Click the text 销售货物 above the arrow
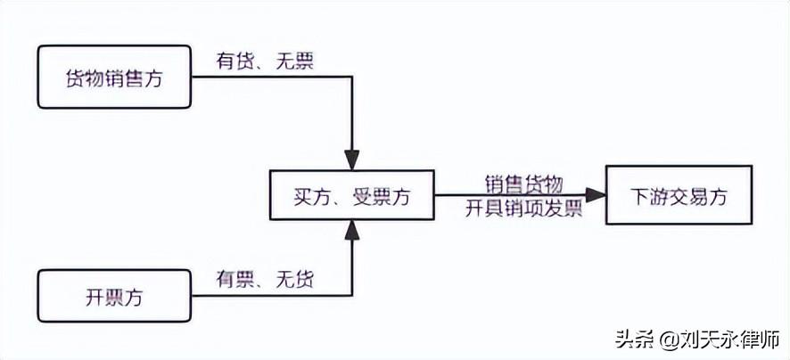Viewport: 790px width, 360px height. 523,184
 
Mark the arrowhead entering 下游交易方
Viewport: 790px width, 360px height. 597,193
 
